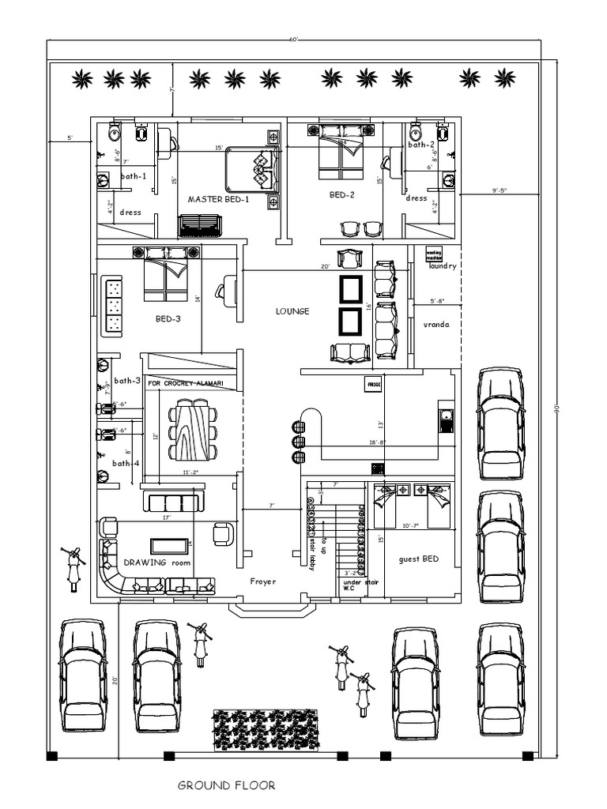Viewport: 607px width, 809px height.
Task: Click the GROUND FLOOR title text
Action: point(226,785)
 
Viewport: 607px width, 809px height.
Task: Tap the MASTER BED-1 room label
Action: point(218,200)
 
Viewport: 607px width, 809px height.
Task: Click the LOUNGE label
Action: point(292,311)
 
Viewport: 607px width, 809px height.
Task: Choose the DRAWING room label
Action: point(157,563)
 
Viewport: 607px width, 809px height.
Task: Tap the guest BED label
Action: point(419,559)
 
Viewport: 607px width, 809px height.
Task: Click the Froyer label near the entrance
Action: point(262,581)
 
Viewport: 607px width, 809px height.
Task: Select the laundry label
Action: point(443,267)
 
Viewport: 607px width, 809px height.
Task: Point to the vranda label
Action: point(435,324)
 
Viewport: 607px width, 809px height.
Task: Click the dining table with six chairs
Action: point(193,430)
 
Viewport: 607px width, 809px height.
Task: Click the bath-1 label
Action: point(134,176)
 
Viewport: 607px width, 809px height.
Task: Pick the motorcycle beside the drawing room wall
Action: point(73,567)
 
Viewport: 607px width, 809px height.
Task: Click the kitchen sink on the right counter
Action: point(445,417)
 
